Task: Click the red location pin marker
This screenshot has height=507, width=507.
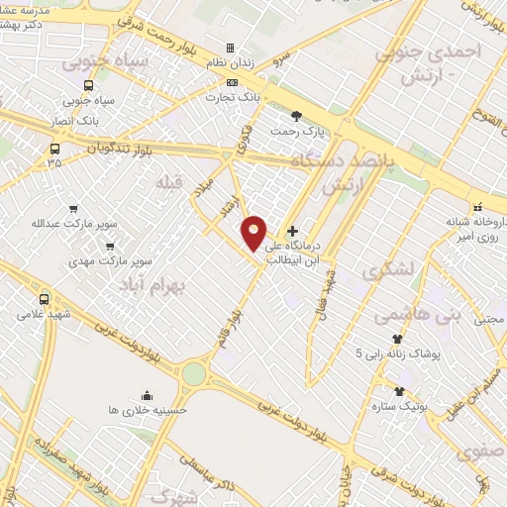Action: [254, 232]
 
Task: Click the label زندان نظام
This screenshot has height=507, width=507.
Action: [230, 63]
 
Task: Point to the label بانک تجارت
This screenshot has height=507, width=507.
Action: [231, 98]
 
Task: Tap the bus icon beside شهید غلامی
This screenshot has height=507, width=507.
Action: [45, 298]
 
